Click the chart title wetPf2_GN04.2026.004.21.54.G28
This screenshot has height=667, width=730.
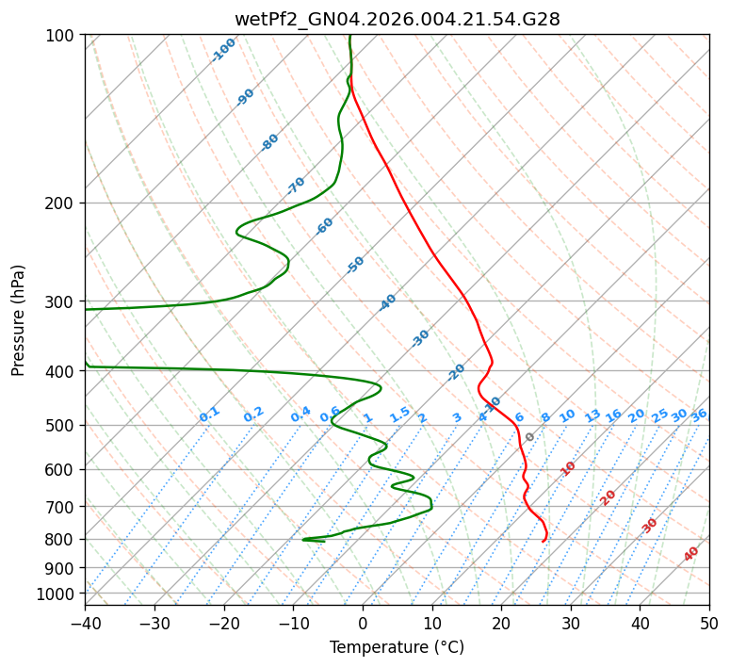point(397,19)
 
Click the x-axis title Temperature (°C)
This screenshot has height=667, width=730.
point(397,647)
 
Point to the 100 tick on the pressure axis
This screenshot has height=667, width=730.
point(62,36)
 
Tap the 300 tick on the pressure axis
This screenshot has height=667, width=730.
point(62,301)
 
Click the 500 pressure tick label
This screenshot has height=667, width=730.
point(62,426)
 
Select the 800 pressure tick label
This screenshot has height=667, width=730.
point(62,540)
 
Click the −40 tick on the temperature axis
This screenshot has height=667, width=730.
point(85,623)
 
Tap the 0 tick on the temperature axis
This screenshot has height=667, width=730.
point(363,623)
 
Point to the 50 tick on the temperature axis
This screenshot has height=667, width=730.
point(709,623)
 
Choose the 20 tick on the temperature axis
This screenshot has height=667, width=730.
point(501,623)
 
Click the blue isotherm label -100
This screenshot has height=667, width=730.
point(224,49)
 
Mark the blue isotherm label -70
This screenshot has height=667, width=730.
point(296,185)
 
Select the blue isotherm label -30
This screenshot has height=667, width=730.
point(420,337)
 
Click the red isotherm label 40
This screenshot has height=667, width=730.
point(691,554)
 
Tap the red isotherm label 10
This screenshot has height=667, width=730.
point(568,468)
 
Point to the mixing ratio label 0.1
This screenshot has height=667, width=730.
point(209,415)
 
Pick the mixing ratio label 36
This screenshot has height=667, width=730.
point(699,415)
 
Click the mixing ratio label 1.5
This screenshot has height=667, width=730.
point(399,415)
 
